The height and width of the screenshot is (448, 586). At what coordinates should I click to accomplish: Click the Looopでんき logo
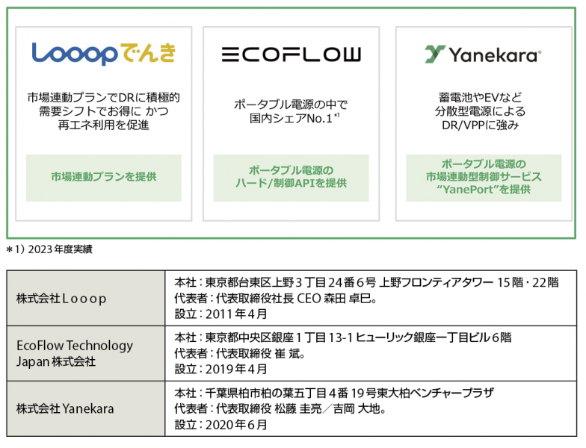click(x=103, y=54)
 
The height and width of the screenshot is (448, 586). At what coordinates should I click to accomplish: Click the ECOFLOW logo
click(x=292, y=55)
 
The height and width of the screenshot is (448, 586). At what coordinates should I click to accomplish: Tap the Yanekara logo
click(x=483, y=55)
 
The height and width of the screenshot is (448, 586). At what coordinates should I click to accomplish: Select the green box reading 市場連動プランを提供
click(x=103, y=178)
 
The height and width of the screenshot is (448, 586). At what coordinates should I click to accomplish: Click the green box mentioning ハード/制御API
click(x=292, y=178)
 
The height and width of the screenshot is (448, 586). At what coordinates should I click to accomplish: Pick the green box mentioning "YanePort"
click(x=484, y=178)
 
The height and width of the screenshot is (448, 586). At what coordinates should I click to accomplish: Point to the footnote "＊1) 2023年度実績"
click(x=49, y=249)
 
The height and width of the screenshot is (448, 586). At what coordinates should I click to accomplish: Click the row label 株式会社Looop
click(x=61, y=299)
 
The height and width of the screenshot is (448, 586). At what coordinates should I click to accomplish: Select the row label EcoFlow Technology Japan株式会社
click(x=75, y=354)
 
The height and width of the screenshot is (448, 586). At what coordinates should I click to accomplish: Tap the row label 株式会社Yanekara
click(x=65, y=409)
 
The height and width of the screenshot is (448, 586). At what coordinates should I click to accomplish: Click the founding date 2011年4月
click(x=236, y=314)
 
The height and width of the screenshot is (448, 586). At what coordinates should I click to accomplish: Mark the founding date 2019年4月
click(x=236, y=369)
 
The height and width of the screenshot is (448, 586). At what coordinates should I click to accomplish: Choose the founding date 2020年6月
click(x=236, y=424)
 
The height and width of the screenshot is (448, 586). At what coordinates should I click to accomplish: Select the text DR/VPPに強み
click(x=480, y=125)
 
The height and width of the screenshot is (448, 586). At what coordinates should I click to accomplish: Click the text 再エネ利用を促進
click(x=103, y=125)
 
